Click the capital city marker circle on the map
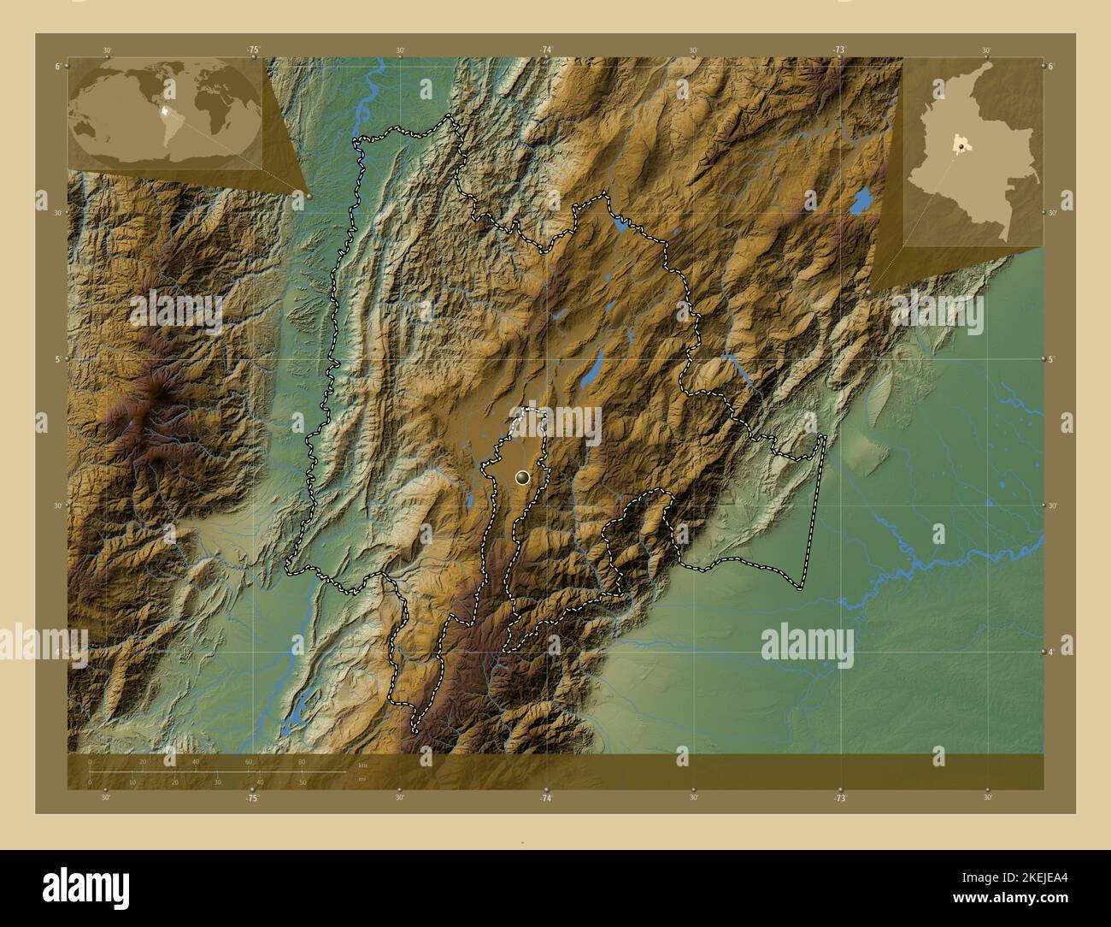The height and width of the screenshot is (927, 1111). [522, 477]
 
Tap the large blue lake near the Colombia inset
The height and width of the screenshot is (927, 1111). [861, 203]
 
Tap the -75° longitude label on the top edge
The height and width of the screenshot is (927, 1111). [253, 50]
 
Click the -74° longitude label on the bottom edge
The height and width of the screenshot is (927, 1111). [546, 797]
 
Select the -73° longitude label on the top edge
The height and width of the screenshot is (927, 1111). [839, 50]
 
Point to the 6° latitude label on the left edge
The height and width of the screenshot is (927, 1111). [57, 66]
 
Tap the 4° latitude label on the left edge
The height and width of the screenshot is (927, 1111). [57, 652]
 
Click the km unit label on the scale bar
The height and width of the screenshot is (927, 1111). [362, 765]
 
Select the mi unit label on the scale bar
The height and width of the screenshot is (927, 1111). [362, 778]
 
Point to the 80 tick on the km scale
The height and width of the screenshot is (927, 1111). [302, 762]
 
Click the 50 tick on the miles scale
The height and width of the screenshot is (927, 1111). [303, 782]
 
